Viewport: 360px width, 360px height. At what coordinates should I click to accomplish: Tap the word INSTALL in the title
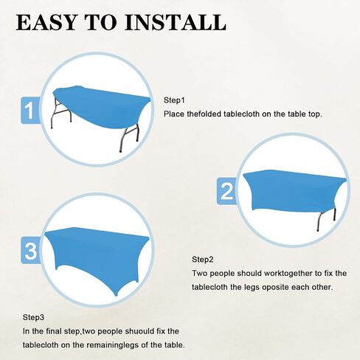coord(176,22)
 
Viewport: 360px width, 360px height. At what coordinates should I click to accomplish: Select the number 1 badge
coord(30,110)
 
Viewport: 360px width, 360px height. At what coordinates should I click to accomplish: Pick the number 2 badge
coord(226,191)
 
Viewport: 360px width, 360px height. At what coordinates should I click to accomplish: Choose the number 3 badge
coord(31,250)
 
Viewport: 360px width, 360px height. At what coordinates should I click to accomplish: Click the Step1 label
coord(174,100)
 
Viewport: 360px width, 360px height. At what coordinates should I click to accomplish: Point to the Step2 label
coord(202,260)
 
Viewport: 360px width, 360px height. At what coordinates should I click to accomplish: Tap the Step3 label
coord(33,317)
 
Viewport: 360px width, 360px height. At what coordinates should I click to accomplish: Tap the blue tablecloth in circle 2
coord(295,190)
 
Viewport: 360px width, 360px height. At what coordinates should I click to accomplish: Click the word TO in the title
coord(101,22)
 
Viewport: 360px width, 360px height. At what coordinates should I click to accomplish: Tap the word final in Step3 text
coord(54,331)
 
